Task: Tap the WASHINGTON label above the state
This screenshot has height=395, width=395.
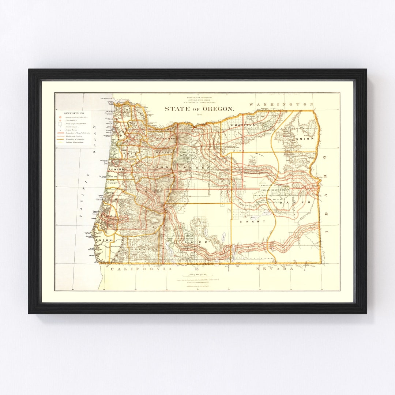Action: coord(281,104)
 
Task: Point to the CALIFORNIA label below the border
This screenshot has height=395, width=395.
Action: coord(141,269)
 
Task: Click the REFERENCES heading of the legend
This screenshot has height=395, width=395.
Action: coord(74,113)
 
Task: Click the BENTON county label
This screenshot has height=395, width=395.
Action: coord(116,170)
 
